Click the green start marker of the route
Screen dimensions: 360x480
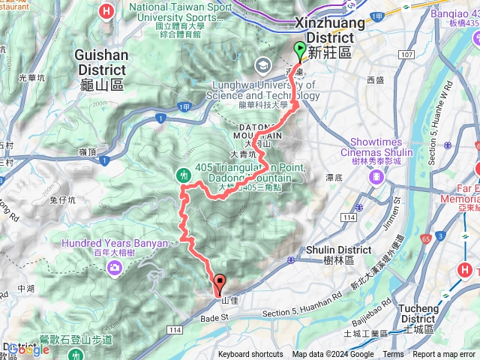pos(300,51)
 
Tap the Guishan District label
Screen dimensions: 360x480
pos(101,66)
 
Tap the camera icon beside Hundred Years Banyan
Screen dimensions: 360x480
pos(114,266)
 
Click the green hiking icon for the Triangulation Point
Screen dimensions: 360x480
pos(184,175)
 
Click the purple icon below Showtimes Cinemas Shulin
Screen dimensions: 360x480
pos(375,177)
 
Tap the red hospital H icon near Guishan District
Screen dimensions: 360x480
pos(106,11)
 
